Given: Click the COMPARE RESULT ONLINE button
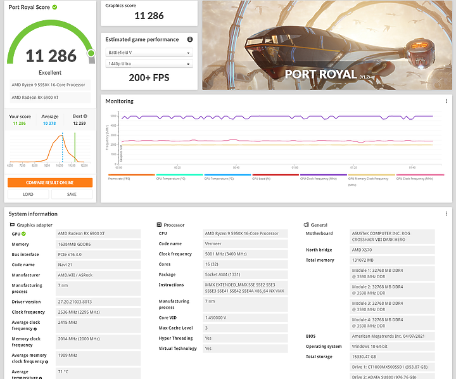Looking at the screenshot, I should point(50,183).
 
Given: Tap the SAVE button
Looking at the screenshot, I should point(72,195).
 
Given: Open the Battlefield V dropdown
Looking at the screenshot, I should point(149,53).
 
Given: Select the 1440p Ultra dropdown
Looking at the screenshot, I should point(149,63).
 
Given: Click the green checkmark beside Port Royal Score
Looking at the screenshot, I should point(54,7).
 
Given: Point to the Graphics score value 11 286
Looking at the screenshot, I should point(149,16).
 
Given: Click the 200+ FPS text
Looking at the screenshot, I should point(149,77).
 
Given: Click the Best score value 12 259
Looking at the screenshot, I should point(79,123).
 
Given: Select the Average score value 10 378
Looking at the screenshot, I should point(50,123).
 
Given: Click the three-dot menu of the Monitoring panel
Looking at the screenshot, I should point(446,101).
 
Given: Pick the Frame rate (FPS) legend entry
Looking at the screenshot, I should point(120,178).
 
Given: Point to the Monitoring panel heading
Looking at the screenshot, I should point(119,101).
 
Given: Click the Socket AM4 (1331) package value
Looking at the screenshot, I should point(223,274).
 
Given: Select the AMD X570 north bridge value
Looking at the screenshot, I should point(362,250).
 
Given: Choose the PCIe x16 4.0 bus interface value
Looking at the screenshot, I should point(71,254).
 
